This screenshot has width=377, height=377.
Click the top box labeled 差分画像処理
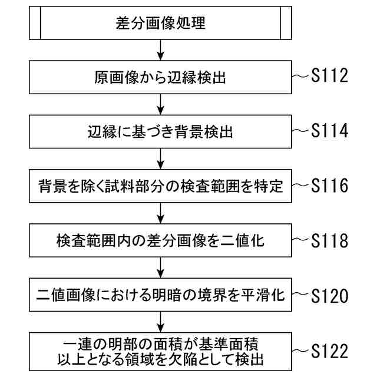pyautogui.click(x=160, y=24)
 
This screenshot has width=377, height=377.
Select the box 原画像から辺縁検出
pyautogui.click(x=160, y=78)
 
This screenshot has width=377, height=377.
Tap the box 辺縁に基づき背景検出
pyautogui.click(x=160, y=132)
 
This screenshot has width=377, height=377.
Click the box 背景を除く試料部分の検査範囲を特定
pyautogui.click(x=160, y=186)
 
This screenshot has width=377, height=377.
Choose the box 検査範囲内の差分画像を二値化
pyautogui.click(x=160, y=240)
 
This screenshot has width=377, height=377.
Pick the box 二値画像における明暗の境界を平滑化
pyautogui.click(x=160, y=295)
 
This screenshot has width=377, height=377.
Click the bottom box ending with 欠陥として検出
pyautogui.click(x=160, y=350)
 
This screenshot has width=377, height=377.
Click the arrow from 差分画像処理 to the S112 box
pyautogui.click(x=160, y=51)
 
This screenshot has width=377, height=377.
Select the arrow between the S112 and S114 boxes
pyautogui.click(x=160, y=105)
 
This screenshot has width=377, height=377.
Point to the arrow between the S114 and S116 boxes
pyautogui.click(x=160, y=159)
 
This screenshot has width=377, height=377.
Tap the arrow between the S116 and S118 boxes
pyautogui.click(x=160, y=213)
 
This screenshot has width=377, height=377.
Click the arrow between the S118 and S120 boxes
pyautogui.click(x=160, y=267)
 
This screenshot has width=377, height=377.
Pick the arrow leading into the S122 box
pyautogui.click(x=160, y=322)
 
